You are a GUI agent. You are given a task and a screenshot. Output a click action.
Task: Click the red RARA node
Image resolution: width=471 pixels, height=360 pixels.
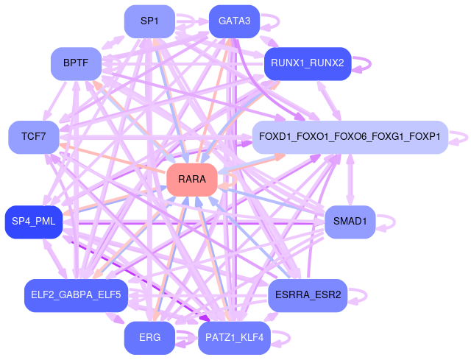click(191, 180)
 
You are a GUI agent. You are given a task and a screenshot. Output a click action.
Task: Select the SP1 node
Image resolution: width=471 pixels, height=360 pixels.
click(149, 21)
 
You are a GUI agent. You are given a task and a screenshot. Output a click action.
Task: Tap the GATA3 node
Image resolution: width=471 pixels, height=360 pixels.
click(234, 21)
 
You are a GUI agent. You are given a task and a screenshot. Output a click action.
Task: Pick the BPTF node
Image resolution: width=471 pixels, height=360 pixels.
click(76, 63)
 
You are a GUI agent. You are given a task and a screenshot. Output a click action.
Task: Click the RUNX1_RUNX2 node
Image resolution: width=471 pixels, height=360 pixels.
click(307, 63)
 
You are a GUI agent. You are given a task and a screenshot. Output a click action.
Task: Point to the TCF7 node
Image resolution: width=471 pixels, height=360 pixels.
click(33, 137)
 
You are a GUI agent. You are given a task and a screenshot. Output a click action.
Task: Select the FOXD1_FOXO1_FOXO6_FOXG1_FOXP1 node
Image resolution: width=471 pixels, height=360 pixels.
click(350, 137)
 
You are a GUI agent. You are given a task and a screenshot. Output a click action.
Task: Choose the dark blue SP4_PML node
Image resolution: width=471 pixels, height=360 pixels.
click(34, 222)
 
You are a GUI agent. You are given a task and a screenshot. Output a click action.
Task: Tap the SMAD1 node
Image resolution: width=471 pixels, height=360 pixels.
click(350, 222)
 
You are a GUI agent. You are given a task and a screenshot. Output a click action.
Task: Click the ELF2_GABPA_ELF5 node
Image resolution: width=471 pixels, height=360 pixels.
click(76, 295)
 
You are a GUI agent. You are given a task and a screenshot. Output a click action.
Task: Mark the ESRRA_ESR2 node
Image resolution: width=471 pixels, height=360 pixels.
click(308, 295)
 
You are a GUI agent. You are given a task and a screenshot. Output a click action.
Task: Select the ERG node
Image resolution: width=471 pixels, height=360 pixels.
click(149, 338)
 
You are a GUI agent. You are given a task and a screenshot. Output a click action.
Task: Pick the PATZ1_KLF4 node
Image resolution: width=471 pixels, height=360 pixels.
click(235, 338)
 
